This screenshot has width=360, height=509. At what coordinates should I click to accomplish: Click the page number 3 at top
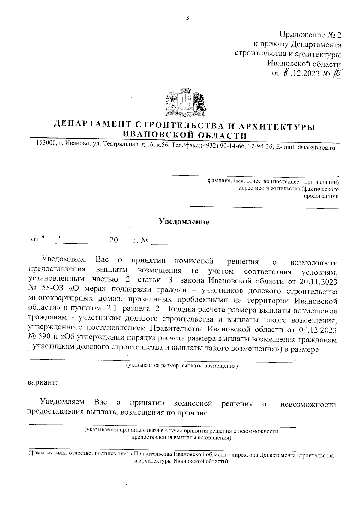click(187, 18)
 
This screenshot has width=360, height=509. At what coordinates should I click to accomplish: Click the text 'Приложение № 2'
click(310, 35)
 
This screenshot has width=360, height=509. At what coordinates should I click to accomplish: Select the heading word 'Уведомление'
click(184, 222)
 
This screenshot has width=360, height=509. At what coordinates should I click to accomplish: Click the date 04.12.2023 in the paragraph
click(318, 330)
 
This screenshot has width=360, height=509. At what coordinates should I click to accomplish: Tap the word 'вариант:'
click(43, 383)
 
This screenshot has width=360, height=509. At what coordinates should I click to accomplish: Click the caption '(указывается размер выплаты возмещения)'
click(182, 366)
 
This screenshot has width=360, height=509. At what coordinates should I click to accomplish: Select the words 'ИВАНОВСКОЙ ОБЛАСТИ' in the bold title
click(185, 135)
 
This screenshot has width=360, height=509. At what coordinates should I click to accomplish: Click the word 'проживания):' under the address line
click(321, 196)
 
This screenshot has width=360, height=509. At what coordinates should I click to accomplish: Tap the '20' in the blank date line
click(114, 240)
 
